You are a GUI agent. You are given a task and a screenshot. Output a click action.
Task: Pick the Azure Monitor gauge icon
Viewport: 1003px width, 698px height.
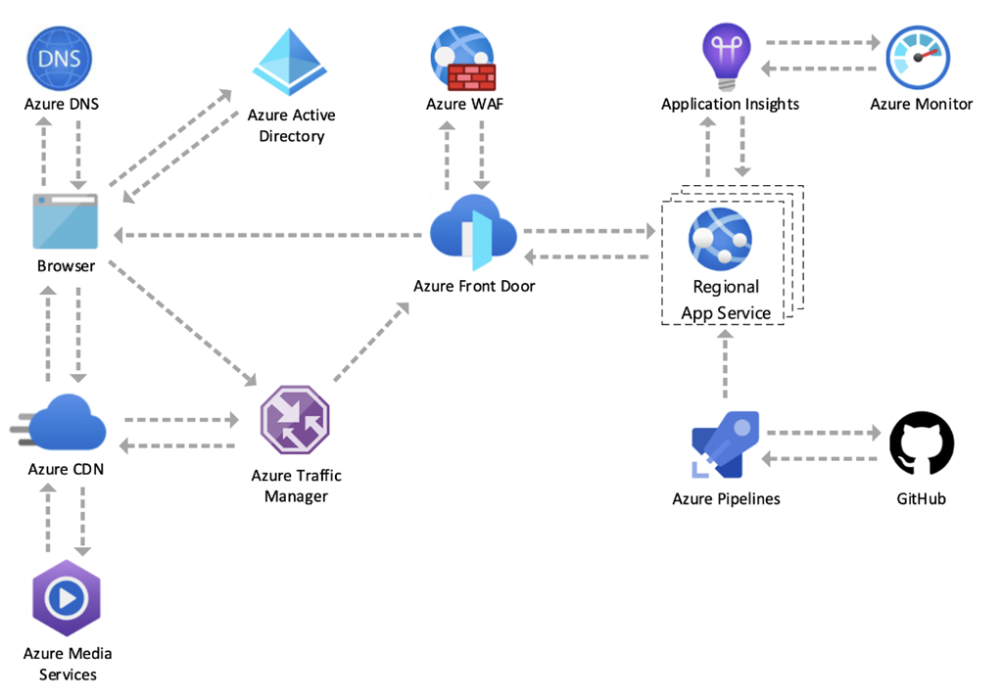point(918,58)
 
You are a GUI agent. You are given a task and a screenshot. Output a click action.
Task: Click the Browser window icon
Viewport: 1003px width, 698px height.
point(66,221)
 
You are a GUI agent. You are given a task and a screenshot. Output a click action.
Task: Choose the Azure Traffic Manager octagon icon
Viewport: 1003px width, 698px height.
point(295,420)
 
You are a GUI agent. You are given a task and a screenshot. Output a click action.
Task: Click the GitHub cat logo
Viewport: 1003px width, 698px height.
point(921,443)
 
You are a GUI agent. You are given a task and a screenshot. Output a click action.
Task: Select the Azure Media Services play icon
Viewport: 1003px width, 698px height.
point(67,598)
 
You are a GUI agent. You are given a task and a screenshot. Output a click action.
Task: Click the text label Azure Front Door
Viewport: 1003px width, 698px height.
point(474,287)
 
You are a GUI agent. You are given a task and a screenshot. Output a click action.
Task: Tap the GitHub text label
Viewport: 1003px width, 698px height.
point(921,499)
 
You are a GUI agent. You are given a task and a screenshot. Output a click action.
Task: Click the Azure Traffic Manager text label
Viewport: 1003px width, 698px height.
point(296,486)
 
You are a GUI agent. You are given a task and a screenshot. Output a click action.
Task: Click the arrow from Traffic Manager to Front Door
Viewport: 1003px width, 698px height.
point(371,342)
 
